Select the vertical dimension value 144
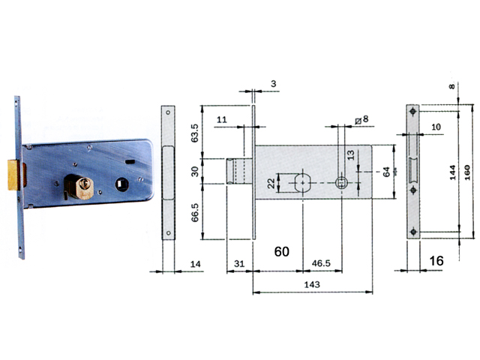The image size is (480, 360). point(452,174)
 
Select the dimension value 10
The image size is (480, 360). point(436,127)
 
